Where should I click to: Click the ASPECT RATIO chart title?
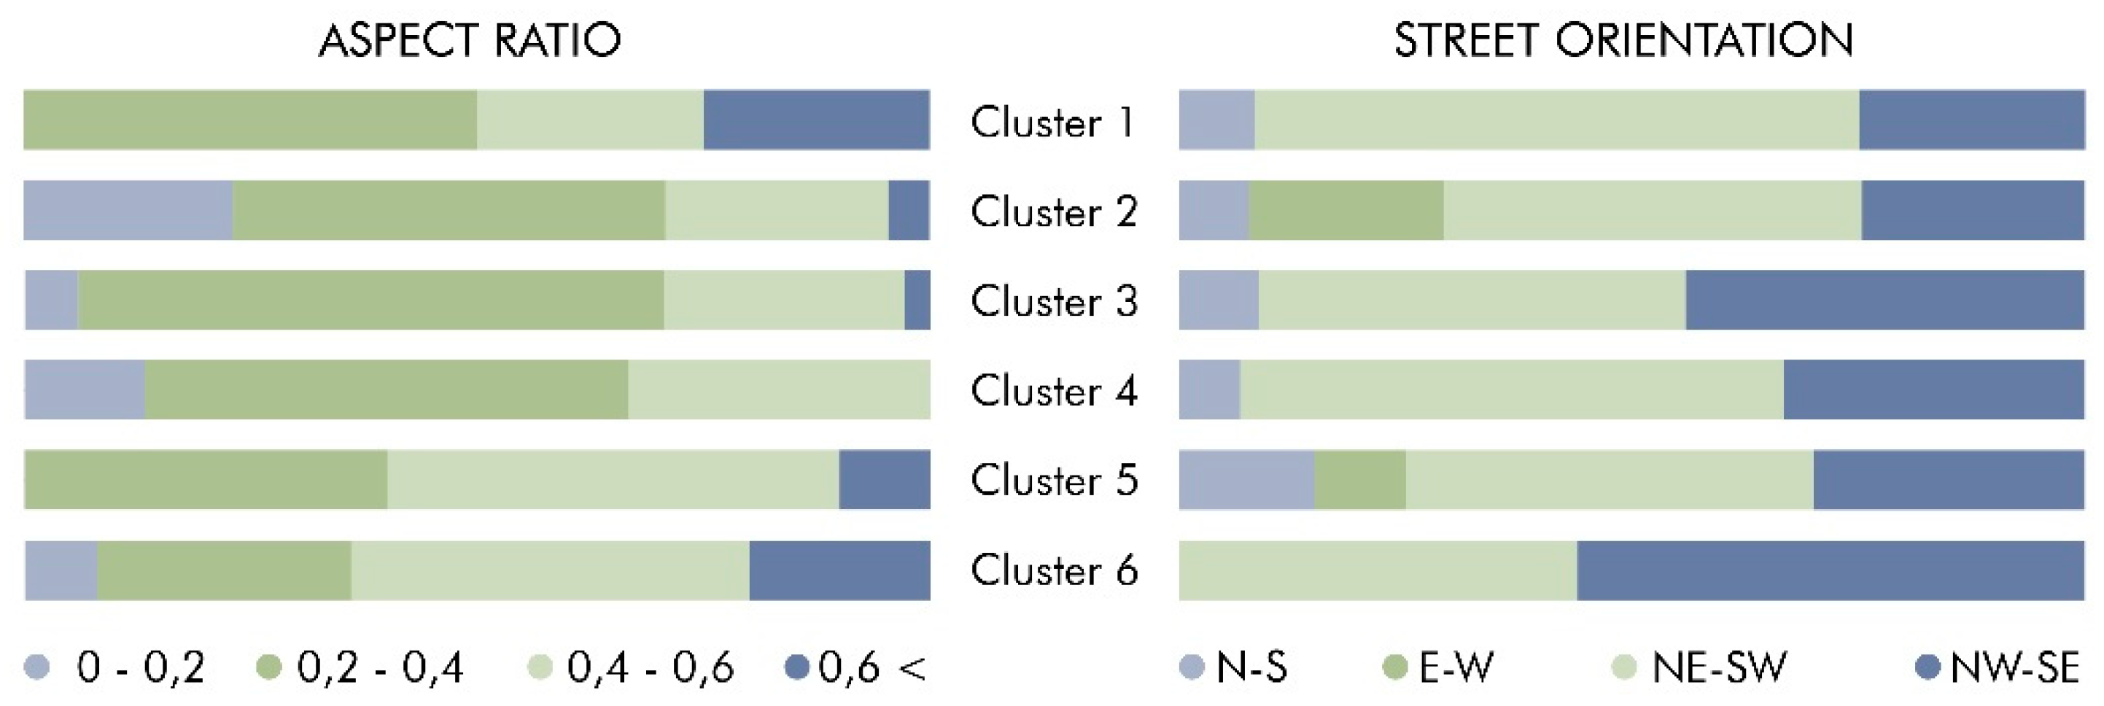pos(470,40)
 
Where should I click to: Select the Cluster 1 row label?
pos(1052,123)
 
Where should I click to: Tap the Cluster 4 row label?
pos(1054,391)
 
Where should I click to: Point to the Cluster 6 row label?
pos(1054,570)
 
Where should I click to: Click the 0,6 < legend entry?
pos(856,667)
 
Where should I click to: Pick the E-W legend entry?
pos(1439,667)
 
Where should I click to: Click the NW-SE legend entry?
pos(1997,667)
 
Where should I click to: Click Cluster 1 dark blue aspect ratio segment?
pos(816,120)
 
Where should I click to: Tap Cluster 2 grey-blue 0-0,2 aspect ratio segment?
pos(128,210)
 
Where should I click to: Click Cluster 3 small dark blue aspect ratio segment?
pos(917,300)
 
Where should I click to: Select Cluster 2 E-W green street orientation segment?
pos(1346,210)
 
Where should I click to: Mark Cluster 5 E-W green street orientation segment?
pos(1360,480)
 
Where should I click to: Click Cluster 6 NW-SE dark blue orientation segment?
pos(1830,570)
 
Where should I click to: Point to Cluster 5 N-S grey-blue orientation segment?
pos(1246,480)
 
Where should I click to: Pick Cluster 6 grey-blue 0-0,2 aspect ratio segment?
pos(61,570)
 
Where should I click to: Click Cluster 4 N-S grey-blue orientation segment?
pos(1210,389)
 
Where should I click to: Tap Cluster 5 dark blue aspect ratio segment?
pos(884,480)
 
